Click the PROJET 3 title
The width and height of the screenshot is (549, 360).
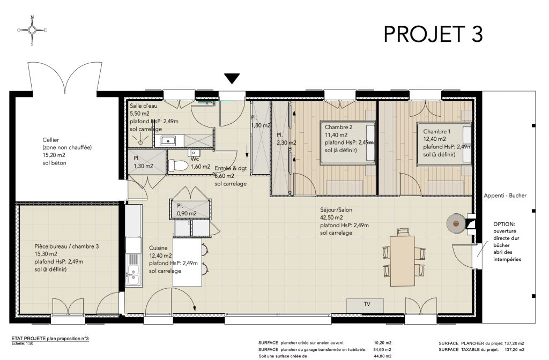(x=433, y=34)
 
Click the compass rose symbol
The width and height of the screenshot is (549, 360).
(x=32, y=30)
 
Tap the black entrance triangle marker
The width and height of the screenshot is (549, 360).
(x=232, y=78)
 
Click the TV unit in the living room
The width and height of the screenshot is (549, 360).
(x=365, y=305)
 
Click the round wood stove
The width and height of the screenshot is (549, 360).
(x=456, y=223)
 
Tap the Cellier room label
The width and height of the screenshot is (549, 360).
(x=51, y=140)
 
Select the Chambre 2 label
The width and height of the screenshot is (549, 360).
(x=339, y=127)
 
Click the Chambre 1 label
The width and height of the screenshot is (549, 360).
(x=436, y=132)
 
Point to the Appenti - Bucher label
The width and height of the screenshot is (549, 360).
(x=505, y=196)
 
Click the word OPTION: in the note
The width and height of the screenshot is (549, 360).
(x=504, y=224)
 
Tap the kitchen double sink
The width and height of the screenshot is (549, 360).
(x=133, y=274)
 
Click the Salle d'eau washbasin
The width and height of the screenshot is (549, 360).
(x=169, y=141)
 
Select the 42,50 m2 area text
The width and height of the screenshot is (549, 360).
(x=331, y=217)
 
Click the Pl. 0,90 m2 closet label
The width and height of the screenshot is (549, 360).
(x=187, y=209)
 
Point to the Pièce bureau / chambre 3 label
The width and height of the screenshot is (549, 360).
(x=66, y=246)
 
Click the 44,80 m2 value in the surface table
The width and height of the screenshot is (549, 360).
(x=383, y=356)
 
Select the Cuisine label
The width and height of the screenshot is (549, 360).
(x=158, y=248)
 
